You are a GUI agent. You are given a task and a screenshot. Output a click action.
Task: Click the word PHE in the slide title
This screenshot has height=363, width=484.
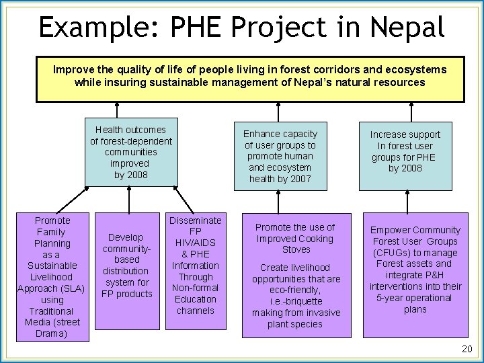click(199, 28)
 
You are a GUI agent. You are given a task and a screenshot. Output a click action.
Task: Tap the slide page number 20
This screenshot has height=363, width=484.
click(467, 349)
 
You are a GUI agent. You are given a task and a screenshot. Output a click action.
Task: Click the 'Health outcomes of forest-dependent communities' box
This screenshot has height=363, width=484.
click(131, 152)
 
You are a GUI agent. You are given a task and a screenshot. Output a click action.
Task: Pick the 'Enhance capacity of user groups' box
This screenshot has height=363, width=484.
click(280, 157)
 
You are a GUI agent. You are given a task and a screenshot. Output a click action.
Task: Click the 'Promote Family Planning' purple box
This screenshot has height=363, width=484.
click(52, 277)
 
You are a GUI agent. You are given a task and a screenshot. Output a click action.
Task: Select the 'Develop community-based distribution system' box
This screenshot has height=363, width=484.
click(127, 266)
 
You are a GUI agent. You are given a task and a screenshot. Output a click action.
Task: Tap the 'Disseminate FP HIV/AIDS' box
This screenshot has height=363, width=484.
click(196, 266)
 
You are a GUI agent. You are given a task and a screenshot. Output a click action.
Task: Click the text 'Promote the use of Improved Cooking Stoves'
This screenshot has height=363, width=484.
click(295, 239)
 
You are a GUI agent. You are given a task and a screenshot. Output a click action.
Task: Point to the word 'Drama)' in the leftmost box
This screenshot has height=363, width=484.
click(52, 334)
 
